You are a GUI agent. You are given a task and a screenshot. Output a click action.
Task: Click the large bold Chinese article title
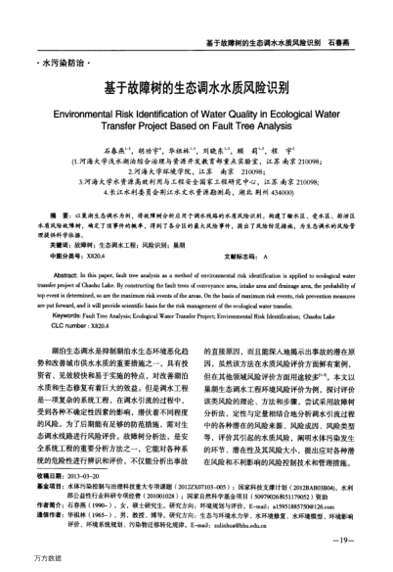click(x=196, y=87)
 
